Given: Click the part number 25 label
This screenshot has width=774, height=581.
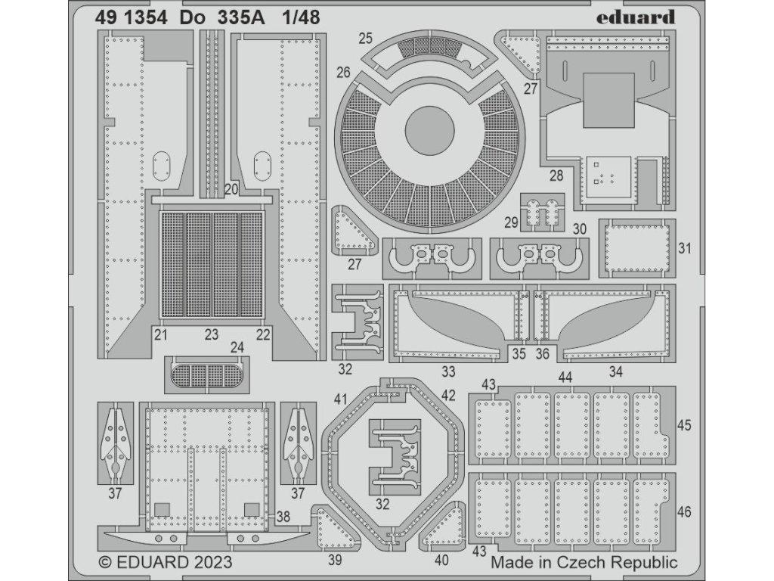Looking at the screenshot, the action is pyautogui.click(x=367, y=38).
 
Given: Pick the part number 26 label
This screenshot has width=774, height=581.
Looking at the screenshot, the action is pyautogui.click(x=344, y=73).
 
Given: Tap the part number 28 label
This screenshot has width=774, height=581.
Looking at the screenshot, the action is pyautogui.click(x=556, y=176).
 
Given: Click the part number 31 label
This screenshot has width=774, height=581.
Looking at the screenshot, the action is pyautogui.click(x=685, y=248).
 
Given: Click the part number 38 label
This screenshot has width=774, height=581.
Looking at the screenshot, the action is pyautogui.click(x=283, y=517).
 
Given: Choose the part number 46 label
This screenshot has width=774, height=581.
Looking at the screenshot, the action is pyautogui.click(x=685, y=512).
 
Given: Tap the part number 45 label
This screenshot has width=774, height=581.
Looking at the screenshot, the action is pyautogui.click(x=685, y=426).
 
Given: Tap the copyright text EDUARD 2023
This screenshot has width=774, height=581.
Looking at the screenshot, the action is pyautogui.click(x=166, y=563).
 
